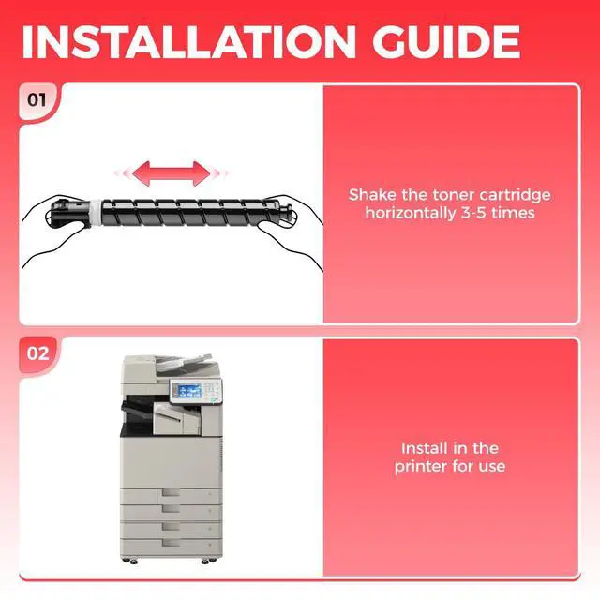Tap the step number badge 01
point(37,100)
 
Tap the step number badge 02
point(37,353)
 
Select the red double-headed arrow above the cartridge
point(171,173)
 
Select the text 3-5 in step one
point(473,213)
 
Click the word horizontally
point(411,213)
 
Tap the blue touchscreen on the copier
point(190,390)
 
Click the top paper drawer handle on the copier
point(171,492)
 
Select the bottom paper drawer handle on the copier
point(171,543)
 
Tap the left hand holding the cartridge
point(53,230)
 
